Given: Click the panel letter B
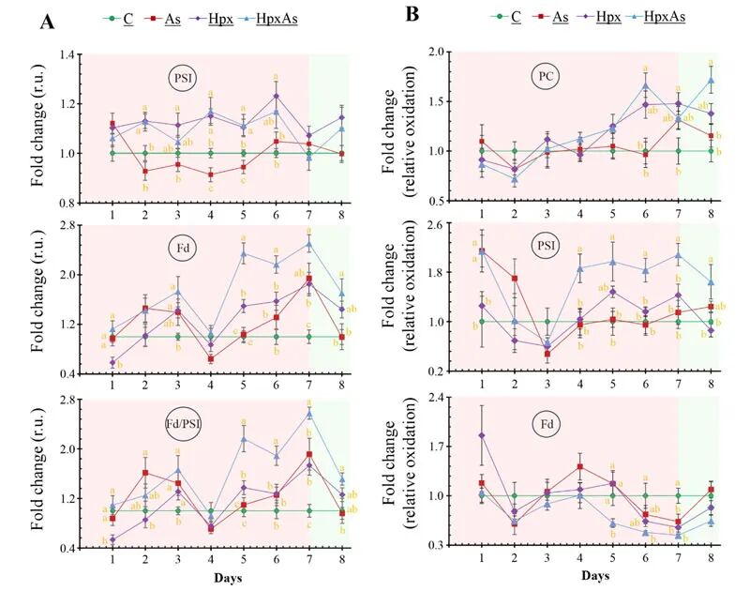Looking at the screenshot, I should click(x=412, y=14).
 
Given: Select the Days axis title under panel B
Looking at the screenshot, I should click(x=597, y=574).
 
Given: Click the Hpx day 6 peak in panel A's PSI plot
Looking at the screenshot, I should click(x=276, y=96).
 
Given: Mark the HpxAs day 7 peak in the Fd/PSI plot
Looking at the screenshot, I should click(x=309, y=413).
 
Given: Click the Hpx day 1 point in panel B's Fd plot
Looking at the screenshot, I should click(x=482, y=435).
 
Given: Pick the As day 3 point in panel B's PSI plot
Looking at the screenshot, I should click(x=547, y=354).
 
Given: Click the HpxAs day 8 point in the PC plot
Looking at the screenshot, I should click(x=711, y=81).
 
